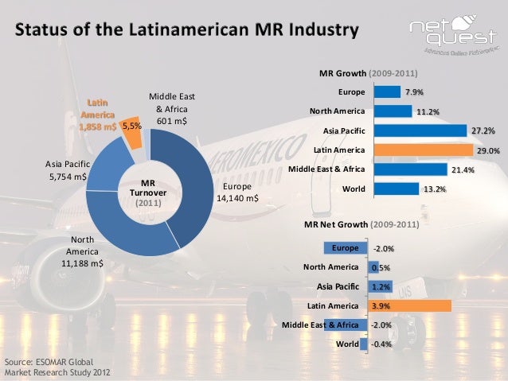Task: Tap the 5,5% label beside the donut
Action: (131, 125)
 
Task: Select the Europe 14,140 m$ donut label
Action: (237, 192)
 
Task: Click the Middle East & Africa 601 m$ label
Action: (172, 109)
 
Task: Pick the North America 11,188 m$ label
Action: (84, 251)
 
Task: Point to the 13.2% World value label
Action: (435, 189)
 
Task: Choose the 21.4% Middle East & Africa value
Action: (463, 169)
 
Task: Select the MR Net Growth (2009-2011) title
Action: (361, 225)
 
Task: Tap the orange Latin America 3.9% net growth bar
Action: (409, 305)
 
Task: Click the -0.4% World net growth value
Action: (382, 344)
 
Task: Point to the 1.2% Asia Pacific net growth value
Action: (381, 286)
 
